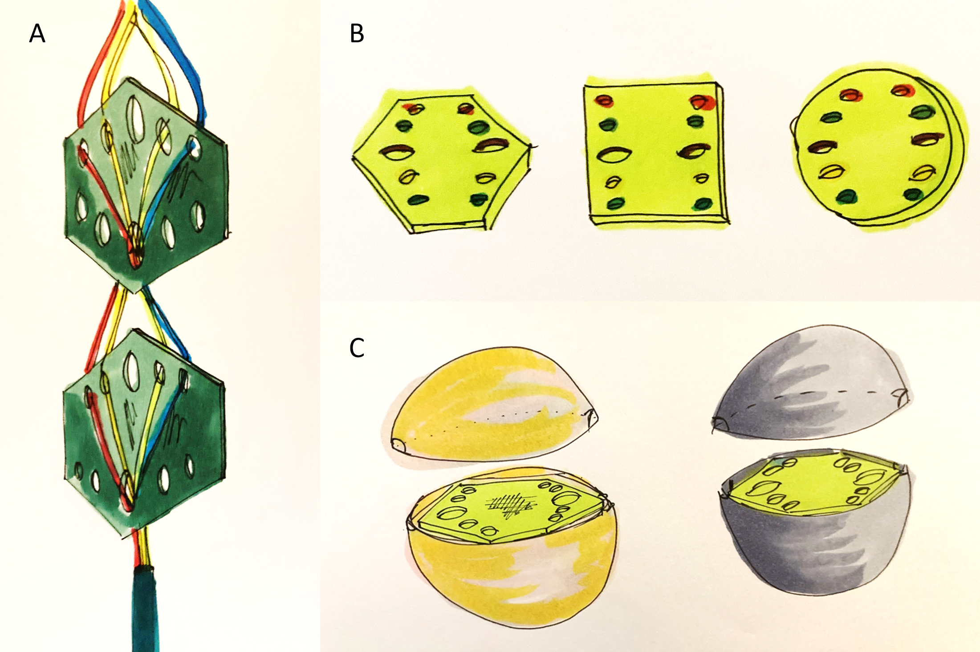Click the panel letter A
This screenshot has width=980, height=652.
[x=37, y=33]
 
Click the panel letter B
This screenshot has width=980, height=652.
[x=357, y=33]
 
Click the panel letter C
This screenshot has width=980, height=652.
[x=357, y=348]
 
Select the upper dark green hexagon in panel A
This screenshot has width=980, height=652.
[x=145, y=185]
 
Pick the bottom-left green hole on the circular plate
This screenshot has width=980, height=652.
[x=847, y=196]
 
